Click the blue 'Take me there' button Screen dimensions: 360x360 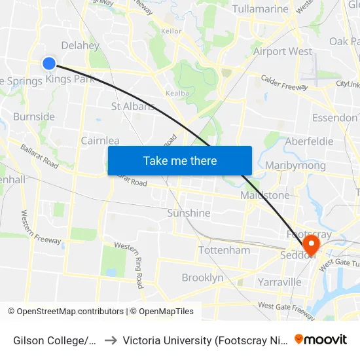pyautogui.click(x=180, y=160)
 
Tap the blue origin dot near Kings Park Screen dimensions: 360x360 pyautogui.click(x=49, y=63)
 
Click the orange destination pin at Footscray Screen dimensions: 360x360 pyautogui.click(x=311, y=245)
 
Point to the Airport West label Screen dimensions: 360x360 pyautogui.click(x=283, y=51)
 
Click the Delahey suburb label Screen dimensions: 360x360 pyautogui.click(x=80, y=46)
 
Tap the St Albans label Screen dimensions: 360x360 pyautogui.click(x=132, y=106)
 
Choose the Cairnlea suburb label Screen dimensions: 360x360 pyautogui.click(x=100, y=141)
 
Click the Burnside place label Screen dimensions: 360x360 pyautogui.click(x=34, y=117)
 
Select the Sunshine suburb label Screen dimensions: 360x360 pyautogui.click(x=189, y=213)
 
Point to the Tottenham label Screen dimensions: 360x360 pyautogui.click(x=224, y=250)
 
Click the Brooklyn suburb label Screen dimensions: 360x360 pyautogui.click(x=202, y=278)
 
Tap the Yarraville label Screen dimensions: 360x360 pyautogui.click(x=279, y=282)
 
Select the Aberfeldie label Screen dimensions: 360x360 pyautogui.click(x=309, y=141)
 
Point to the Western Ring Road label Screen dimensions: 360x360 pyautogui.click(x=129, y=264)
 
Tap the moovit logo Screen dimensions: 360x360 pyautogui.click(x=321, y=339)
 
